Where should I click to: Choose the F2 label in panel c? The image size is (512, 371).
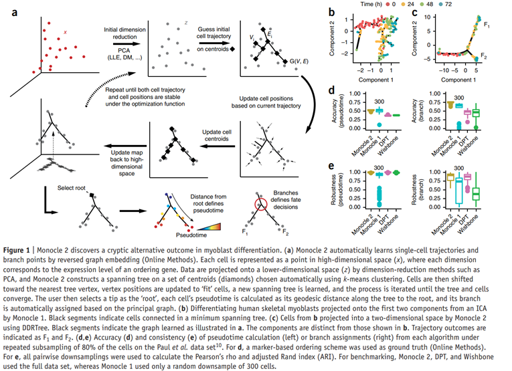(x=488, y=58)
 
